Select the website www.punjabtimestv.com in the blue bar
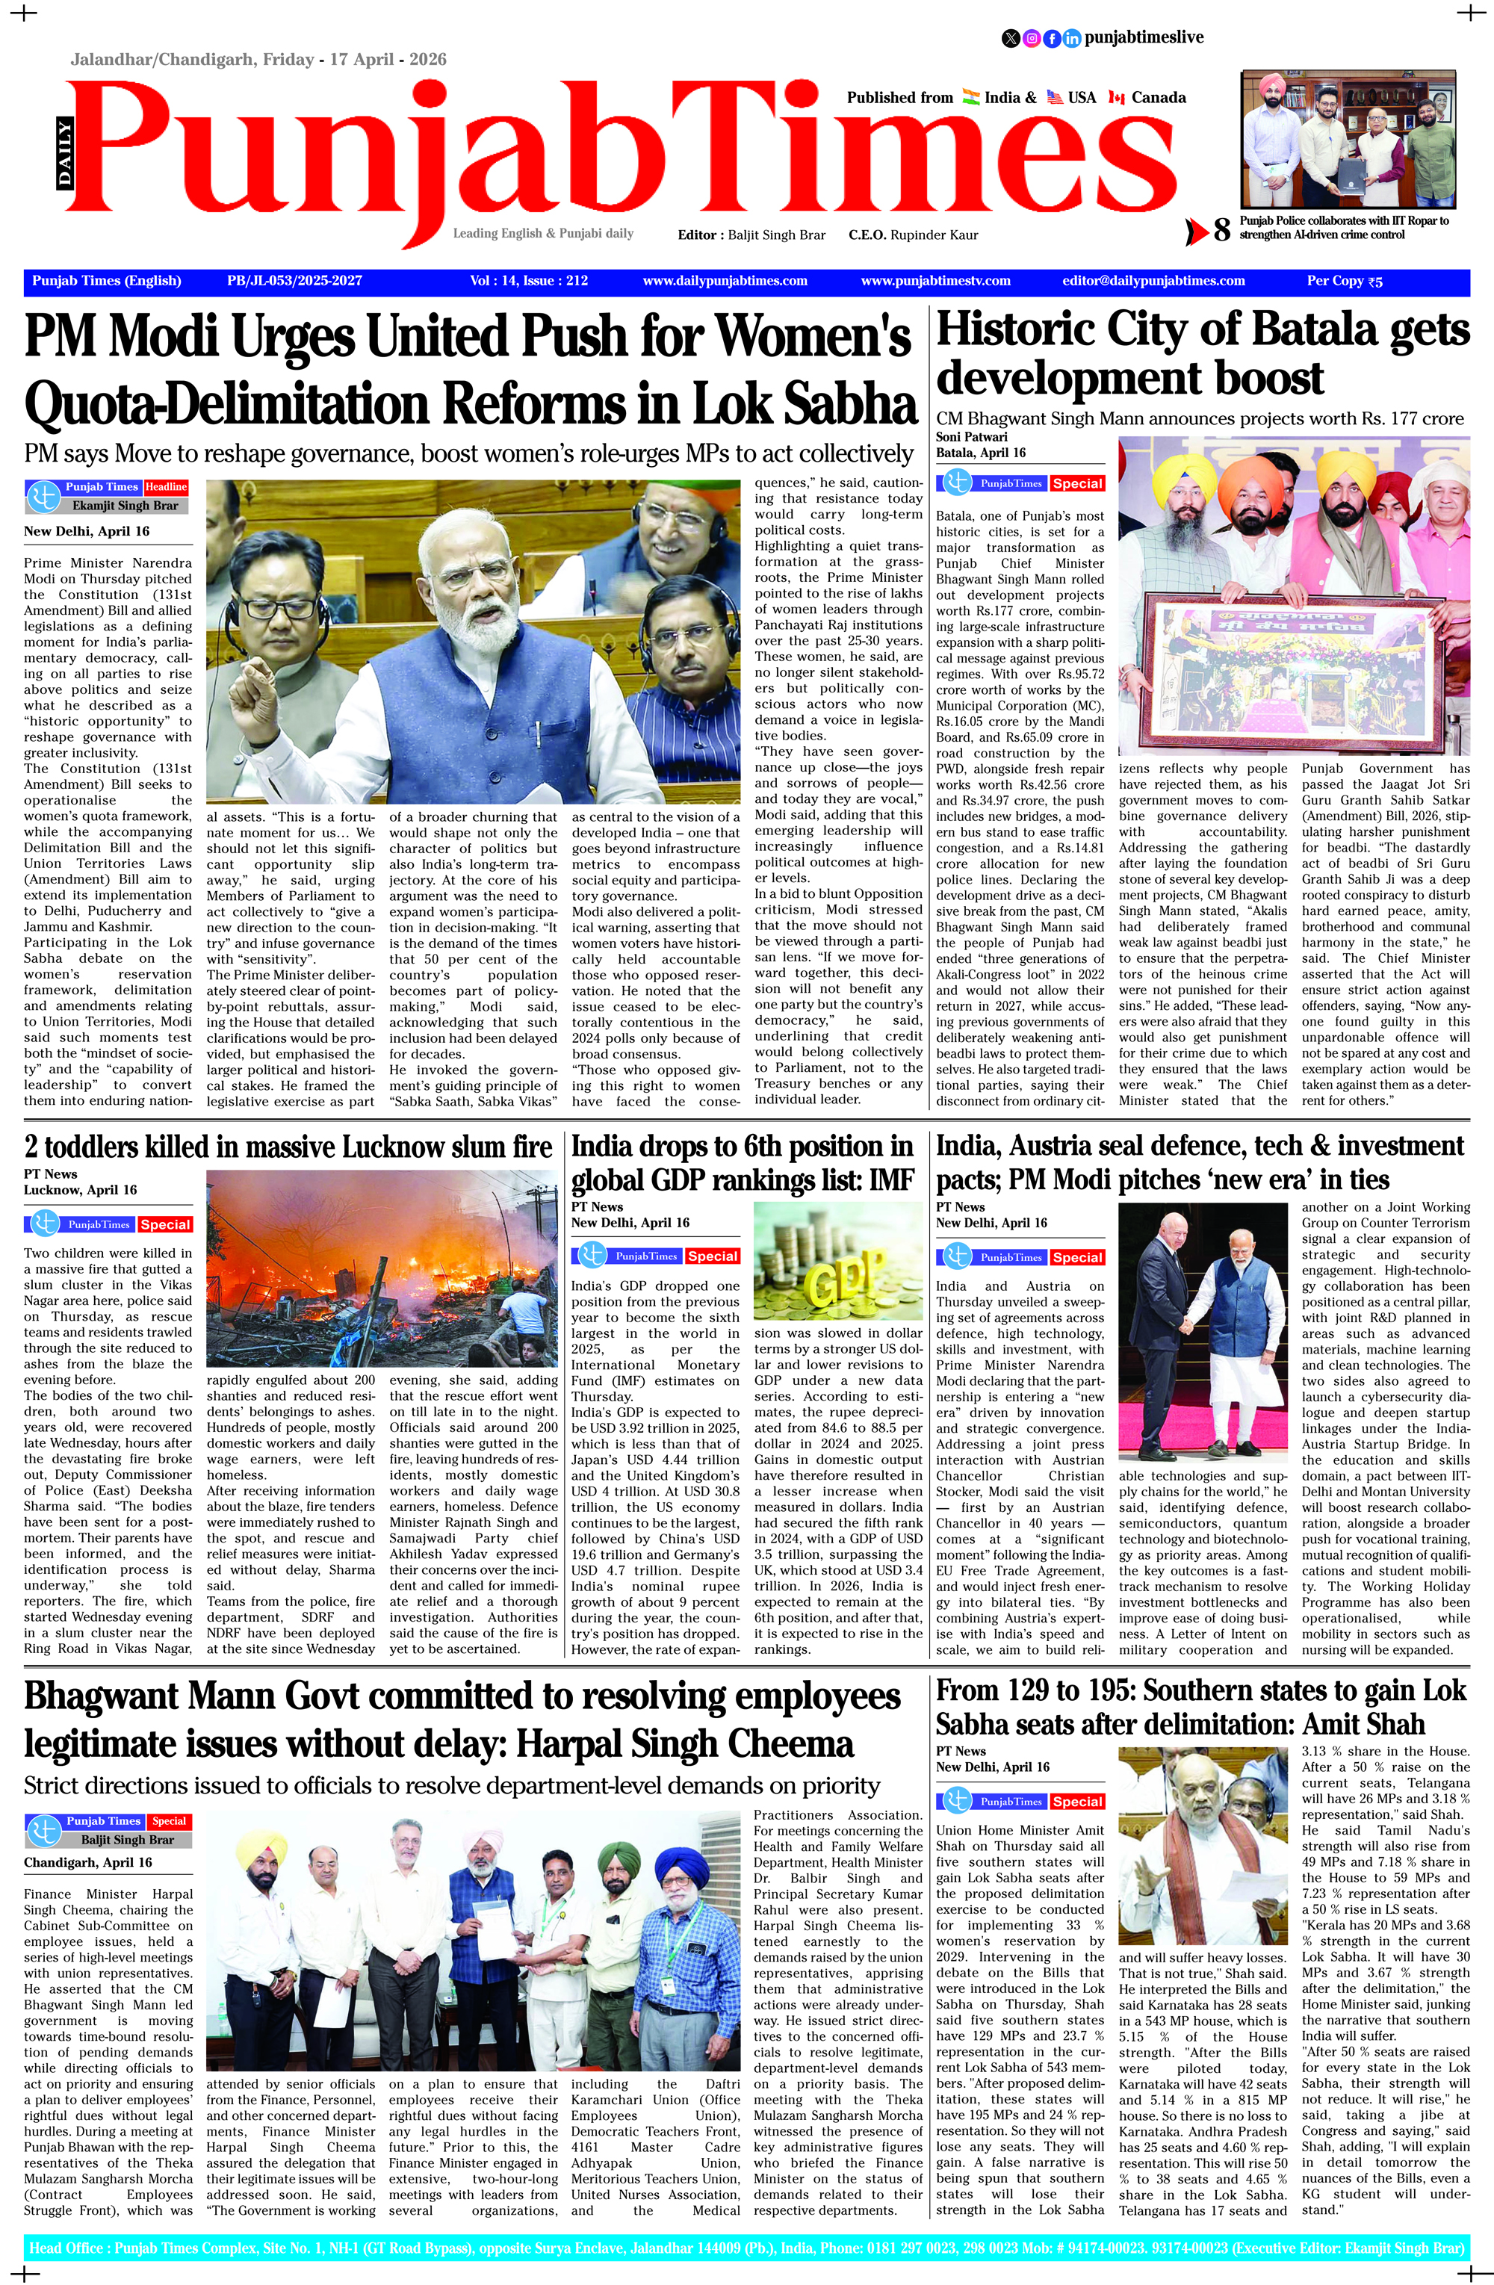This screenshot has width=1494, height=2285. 935,280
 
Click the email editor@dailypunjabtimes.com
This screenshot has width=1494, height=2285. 1153,280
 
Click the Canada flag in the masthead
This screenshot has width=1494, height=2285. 1116,97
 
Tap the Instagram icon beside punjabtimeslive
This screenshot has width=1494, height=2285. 1031,38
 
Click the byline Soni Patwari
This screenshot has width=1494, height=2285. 972,437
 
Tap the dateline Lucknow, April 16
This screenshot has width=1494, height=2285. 80,1189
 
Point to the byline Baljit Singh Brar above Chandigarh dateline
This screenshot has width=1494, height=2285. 127,1840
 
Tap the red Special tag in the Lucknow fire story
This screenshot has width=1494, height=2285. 165,1224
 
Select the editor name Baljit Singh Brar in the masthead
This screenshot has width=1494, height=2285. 776,235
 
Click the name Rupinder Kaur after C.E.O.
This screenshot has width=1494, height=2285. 933,235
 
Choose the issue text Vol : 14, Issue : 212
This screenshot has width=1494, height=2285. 528,280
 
